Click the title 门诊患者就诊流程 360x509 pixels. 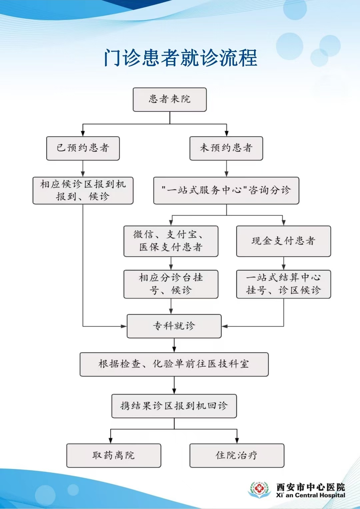pyautogui.click(x=180, y=58)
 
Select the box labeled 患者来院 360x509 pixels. pyautogui.click(x=170, y=99)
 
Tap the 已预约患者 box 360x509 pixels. pyautogui.click(x=83, y=148)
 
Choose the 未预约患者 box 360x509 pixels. pyautogui.click(x=226, y=148)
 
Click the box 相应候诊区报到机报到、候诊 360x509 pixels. pyautogui.click(x=83, y=190)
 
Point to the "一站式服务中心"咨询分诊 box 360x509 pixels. pyautogui.click(x=226, y=190)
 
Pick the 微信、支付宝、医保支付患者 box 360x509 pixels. pyautogui.click(x=171, y=241)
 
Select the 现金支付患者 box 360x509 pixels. pyautogui.click(x=284, y=241)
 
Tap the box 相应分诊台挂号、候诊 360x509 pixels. pyautogui.click(x=171, y=284)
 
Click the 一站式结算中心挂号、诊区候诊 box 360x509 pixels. pyautogui.click(x=284, y=284)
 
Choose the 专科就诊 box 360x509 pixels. pyautogui.click(x=174, y=326)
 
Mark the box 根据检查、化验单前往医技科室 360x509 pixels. pyautogui.click(x=174, y=364)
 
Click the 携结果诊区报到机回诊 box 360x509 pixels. pyautogui.click(x=174, y=406)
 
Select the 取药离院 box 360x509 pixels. pyautogui.click(x=114, y=455)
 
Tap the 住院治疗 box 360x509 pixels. pyautogui.click(x=237, y=455)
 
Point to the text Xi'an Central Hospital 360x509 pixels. pyautogui.click(x=310, y=495)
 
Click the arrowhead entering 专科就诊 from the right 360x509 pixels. pyautogui.click(x=224, y=326)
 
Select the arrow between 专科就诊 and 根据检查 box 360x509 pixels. pyautogui.click(x=174, y=345)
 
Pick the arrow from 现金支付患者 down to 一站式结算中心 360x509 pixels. pyautogui.click(x=284, y=263)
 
